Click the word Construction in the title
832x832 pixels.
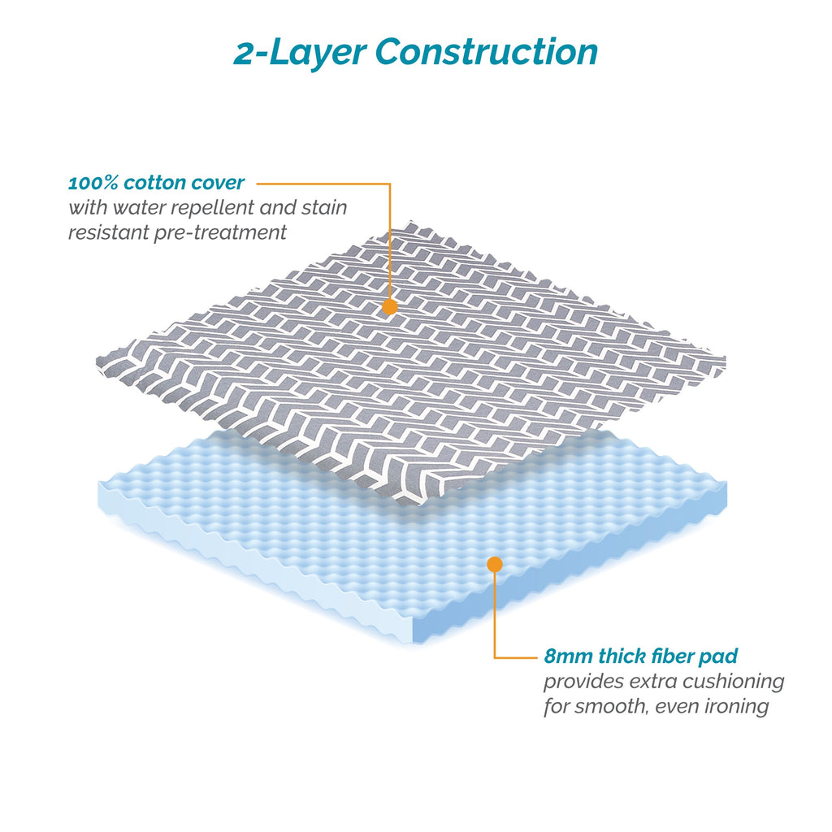pos(487,52)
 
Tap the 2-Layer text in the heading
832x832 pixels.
pos(300,52)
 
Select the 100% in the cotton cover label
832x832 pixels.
pos(93,183)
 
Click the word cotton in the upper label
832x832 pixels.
pos(154,183)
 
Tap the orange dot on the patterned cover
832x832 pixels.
pos(390,306)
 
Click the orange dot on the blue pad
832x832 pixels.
pos(495,564)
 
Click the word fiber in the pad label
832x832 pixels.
pos(672,656)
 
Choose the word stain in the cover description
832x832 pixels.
pos(324,208)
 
